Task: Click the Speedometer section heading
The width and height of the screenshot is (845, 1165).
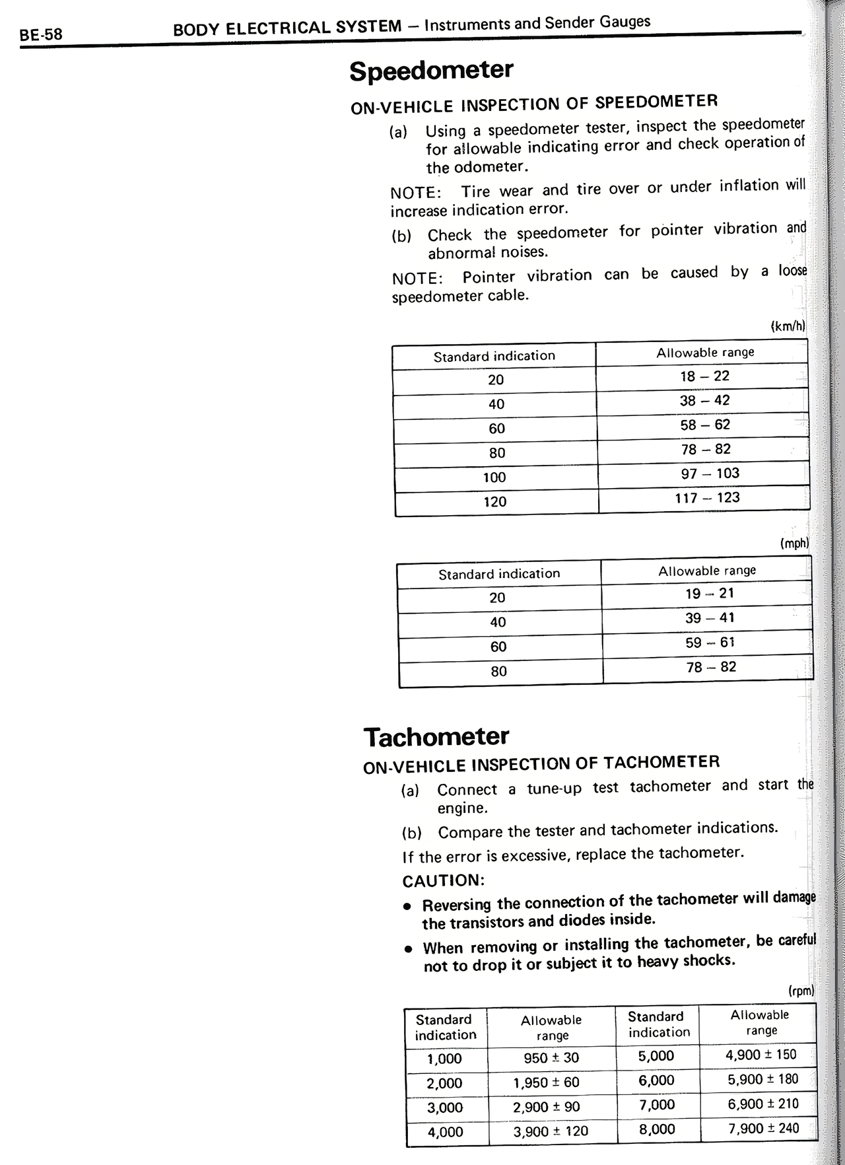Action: click(431, 70)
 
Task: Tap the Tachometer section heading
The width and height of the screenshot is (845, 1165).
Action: click(436, 736)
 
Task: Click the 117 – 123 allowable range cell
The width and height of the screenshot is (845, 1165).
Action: click(707, 498)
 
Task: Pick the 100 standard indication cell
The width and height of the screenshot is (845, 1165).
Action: click(494, 477)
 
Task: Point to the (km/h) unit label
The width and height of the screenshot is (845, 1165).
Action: click(788, 326)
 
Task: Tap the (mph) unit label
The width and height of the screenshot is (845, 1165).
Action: click(794, 544)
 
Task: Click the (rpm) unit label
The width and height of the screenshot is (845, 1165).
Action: click(801, 991)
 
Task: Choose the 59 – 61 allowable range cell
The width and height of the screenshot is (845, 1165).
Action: click(710, 643)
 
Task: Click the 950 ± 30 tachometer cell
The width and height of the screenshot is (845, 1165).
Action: click(551, 1058)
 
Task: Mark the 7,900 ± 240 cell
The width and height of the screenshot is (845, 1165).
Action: click(763, 1128)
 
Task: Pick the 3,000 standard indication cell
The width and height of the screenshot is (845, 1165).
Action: click(445, 1108)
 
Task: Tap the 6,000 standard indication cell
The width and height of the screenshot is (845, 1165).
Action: click(656, 1080)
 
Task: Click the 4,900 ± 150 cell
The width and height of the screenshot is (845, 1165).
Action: click(760, 1055)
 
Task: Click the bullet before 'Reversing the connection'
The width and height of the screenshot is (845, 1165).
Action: click(409, 905)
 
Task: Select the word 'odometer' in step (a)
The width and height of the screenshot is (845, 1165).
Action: click(490, 167)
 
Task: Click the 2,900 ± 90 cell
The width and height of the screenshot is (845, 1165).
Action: click(547, 1107)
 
